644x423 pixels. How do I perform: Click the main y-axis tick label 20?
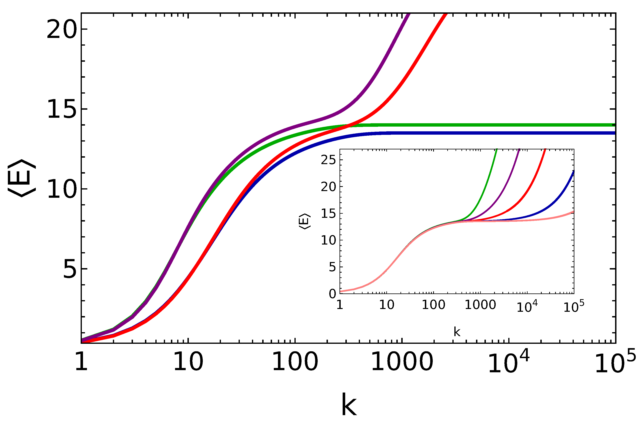(x=62, y=30)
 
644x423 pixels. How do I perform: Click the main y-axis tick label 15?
(x=62, y=109)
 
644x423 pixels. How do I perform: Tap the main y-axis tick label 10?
(x=62, y=189)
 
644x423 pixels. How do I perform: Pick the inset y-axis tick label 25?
(x=328, y=160)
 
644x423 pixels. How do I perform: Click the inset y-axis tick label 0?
(x=332, y=294)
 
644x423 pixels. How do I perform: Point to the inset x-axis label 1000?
(x=480, y=305)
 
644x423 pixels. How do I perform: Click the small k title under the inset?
(x=457, y=332)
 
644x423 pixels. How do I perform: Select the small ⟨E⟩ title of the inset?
(x=305, y=222)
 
